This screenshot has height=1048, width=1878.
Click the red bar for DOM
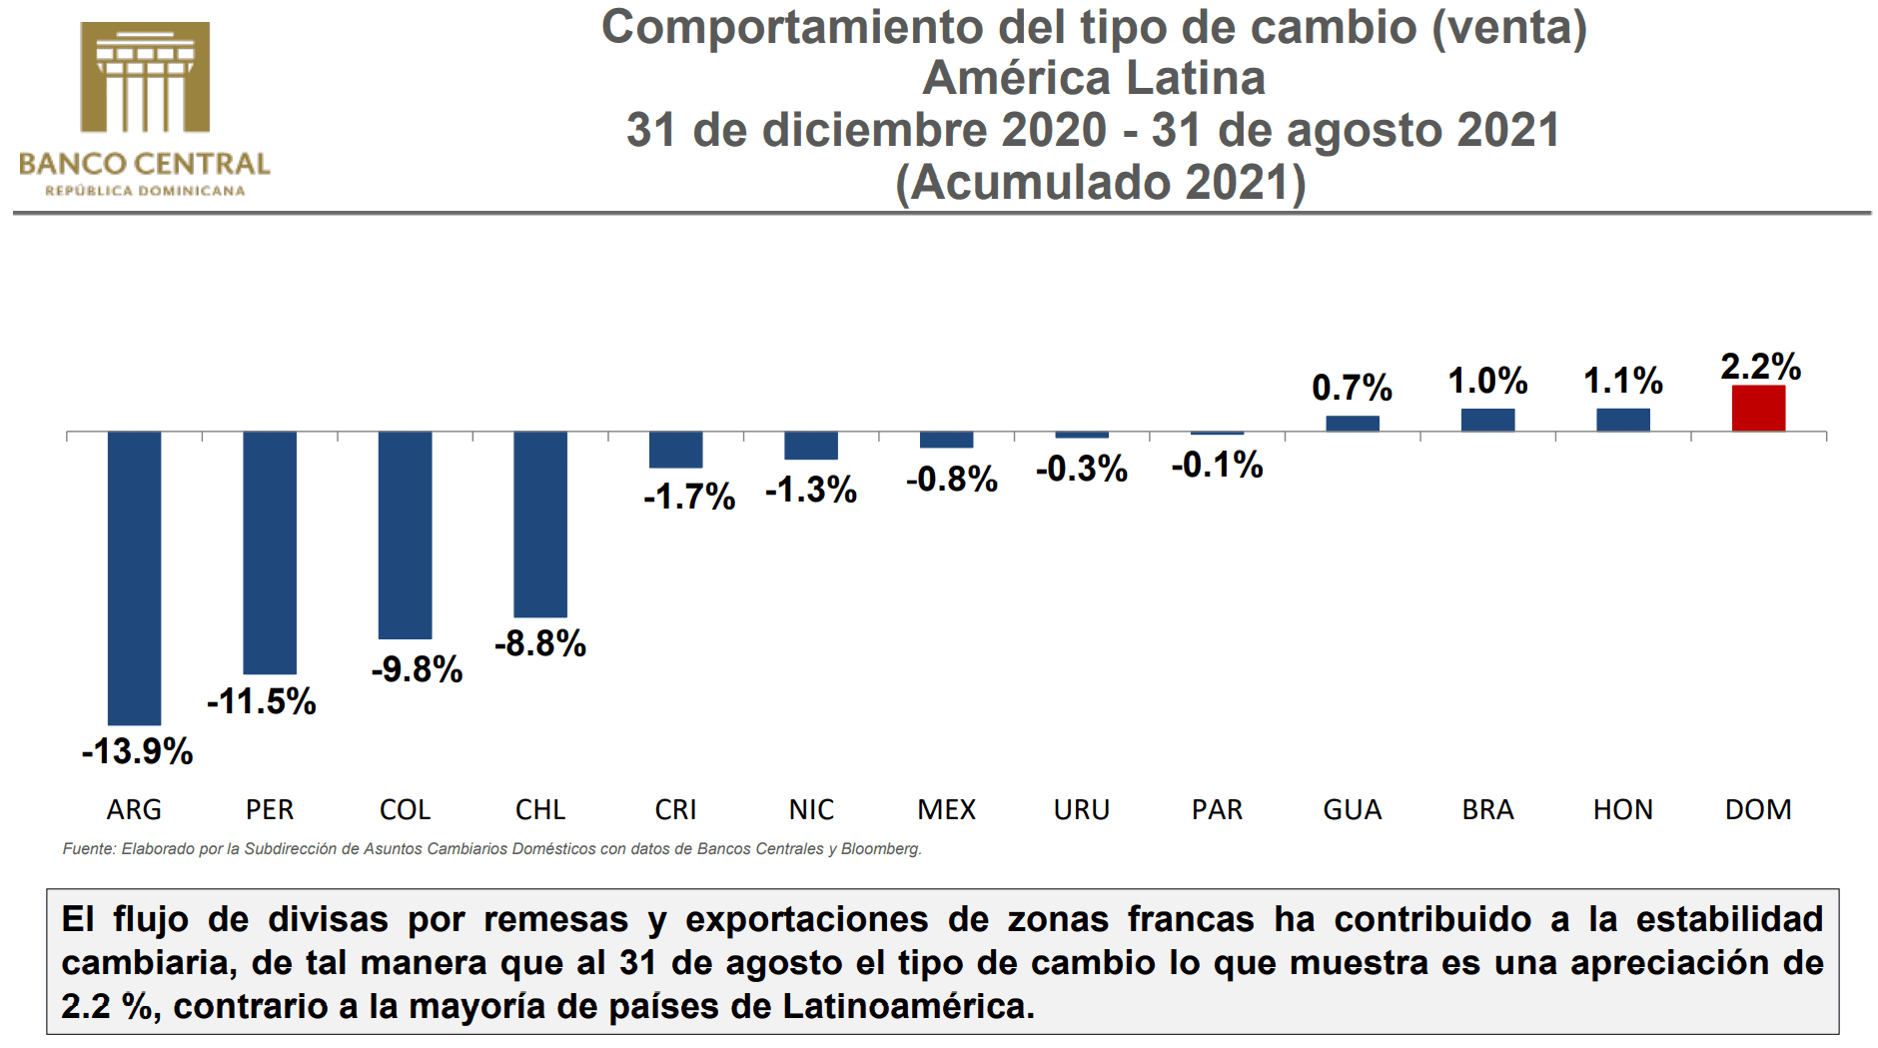(x=1758, y=409)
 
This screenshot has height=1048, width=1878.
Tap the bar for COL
(x=405, y=534)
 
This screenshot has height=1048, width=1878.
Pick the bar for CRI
(x=675, y=450)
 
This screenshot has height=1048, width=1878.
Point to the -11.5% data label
(x=262, y=701)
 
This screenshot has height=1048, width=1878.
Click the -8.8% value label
(x=540, y=643)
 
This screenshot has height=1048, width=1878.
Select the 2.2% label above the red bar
(x=1760, y=367)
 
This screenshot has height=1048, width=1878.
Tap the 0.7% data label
(x=1352, y=388)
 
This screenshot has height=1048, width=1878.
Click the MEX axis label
(x=946, y=809)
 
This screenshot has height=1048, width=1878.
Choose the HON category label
(x=1622, y=809)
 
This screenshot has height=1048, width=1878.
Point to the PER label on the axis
(x=270, y=809)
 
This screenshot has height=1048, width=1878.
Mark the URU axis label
(x=1082, y=809)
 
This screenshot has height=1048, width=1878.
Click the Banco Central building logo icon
(x=145, y=77)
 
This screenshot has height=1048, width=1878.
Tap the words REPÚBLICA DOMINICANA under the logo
(x=145, y=191)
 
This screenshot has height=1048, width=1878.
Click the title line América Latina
(x=1094, y=78)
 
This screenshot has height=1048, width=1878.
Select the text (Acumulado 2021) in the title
(x=1100, y=183)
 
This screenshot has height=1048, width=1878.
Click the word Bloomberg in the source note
(x=880, y=849)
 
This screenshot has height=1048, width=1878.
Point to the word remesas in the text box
(x=556, y=919)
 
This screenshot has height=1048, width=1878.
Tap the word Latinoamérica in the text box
(x=907, y=1006)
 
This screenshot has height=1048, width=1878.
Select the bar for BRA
(x=1487, y=420)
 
